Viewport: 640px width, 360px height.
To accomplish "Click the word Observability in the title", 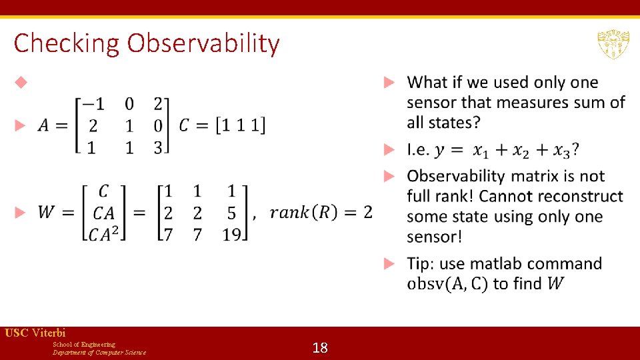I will [x=203, y=43].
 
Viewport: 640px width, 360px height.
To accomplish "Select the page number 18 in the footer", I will [x=320, y=347].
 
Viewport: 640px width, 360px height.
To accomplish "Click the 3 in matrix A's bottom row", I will [x=158, y=147].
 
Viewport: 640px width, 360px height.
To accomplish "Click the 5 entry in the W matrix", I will [x=231, y=213].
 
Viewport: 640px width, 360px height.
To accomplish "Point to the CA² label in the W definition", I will [x=104, y=233].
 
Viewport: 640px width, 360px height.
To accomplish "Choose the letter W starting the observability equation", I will [x=46, y=213].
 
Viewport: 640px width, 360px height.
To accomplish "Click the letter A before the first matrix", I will [x=43, y=125].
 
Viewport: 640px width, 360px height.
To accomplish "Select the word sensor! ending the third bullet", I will [x=434, y=236].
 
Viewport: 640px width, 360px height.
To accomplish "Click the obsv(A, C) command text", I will [x=448, y=284].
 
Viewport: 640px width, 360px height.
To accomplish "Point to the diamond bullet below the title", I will [x=21, y=83].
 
